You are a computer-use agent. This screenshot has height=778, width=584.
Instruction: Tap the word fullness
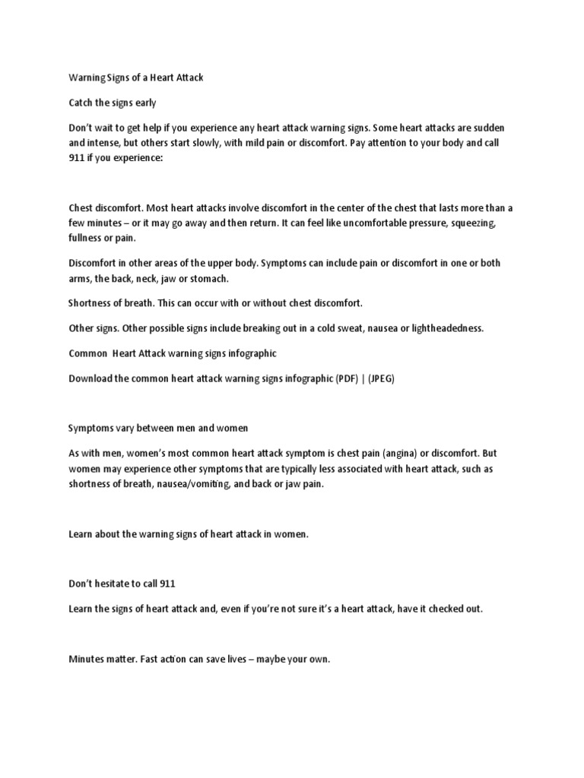pos(85,239)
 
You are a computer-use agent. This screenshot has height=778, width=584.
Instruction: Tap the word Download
pos(93,378)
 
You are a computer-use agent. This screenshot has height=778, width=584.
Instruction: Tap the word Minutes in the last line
pos(87,659)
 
